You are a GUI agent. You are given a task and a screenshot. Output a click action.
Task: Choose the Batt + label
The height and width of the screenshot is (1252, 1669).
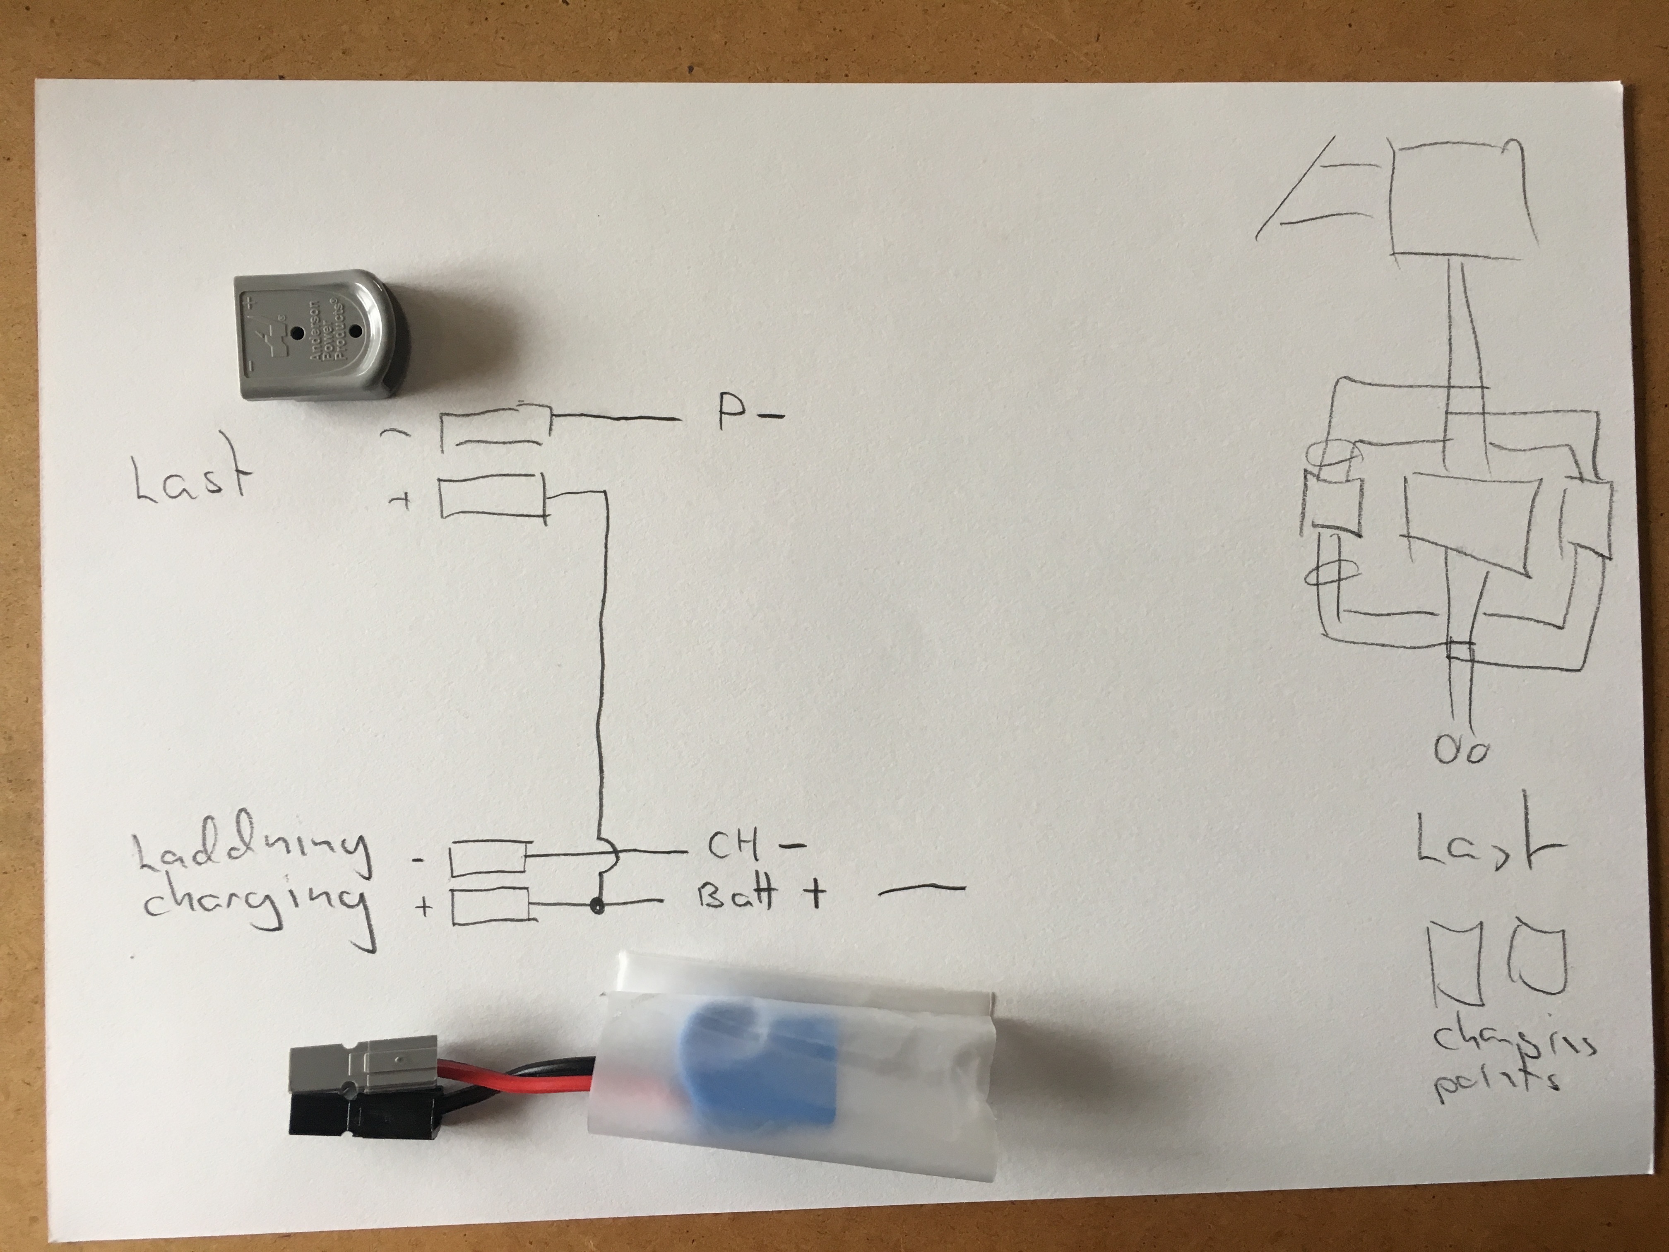coord(758,896)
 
